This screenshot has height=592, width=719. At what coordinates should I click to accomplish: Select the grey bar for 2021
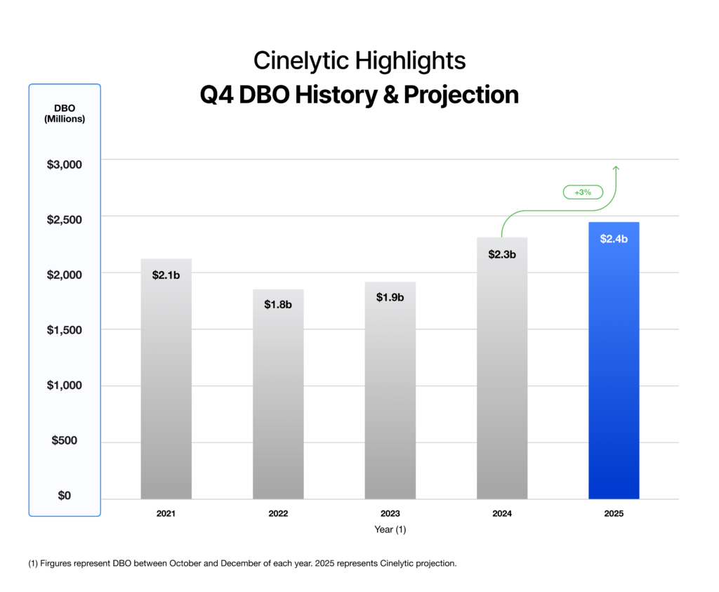pos(166,386)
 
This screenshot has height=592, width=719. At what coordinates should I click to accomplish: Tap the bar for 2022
pos(278,400)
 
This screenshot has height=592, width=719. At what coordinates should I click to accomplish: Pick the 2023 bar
pos(390,397)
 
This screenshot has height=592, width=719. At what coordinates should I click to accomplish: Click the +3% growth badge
pos(582,192)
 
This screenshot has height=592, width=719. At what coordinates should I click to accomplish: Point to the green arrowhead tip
pos(616,166)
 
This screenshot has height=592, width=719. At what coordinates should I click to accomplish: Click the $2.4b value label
pos(614,239)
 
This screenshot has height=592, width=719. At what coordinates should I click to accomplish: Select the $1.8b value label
pos(278,305)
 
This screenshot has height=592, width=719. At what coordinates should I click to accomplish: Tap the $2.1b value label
pos(166,275)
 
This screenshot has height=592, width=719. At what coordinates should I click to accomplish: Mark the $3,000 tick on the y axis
pos(65,164)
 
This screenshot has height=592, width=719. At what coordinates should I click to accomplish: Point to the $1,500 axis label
pos(65,330)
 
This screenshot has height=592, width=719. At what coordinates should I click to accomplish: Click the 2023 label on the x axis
pos(390,514)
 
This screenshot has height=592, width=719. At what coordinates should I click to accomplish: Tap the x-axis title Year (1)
pos(390,530)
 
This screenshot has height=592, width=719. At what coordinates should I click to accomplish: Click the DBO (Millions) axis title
pos(65,113)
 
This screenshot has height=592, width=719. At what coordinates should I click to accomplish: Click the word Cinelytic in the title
pos(301,61)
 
